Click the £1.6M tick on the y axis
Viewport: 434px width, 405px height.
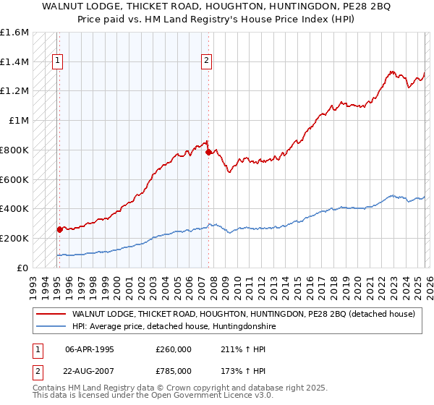pos(14,33)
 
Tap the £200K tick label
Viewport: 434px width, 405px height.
pos(14,238)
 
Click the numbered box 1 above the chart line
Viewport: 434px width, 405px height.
pos(57,61)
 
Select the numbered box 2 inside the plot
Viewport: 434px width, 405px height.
pos(207,61)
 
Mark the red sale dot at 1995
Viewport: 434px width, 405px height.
pos(60,229)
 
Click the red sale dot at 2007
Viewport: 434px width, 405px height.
pos(208,153)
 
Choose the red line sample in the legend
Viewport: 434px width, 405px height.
pos(51,314)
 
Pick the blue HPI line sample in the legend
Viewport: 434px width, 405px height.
pos(51,326)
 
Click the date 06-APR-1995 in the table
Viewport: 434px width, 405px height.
pos(90,348)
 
